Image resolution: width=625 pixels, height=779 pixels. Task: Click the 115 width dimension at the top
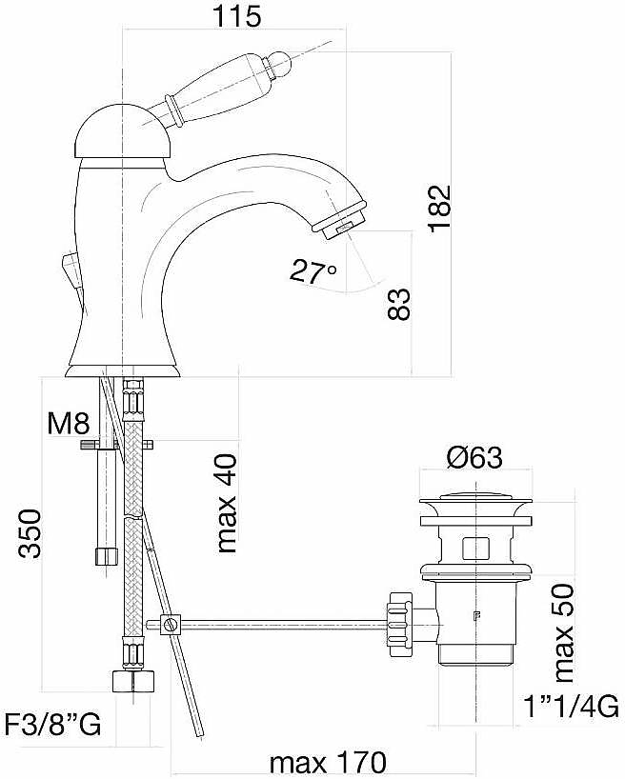click(x=236, y=16)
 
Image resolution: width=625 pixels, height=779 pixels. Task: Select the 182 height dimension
click(x=439, y=209)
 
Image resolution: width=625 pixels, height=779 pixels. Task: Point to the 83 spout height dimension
click(x=399, y=304)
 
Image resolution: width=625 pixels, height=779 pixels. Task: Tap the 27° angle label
click(x=312, y=271)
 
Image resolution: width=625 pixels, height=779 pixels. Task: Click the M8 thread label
click(x=69, y=423)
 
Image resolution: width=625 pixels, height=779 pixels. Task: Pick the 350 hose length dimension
click(x=30, y=533)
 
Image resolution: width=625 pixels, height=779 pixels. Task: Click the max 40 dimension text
click(x=227, y=503)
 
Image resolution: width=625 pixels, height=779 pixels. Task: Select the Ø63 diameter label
click(x=474, y=457)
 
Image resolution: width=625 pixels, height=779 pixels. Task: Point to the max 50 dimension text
click(x=563, y=633)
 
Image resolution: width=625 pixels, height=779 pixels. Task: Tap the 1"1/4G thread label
click(x=572, y=706)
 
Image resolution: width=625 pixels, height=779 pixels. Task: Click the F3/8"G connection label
click(x=52, y=724)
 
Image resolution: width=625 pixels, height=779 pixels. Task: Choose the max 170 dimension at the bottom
click(x=328, y=762)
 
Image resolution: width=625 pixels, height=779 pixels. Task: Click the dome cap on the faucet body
click(x=123, y=132)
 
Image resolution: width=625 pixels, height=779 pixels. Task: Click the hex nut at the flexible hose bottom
click(x=133, y=680)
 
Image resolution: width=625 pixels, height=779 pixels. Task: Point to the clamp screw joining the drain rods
click(x=171, y=624)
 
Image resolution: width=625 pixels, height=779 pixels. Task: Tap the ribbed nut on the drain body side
click(x=401, y=624)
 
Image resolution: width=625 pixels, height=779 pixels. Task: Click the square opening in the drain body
click(x=475, y=549)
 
